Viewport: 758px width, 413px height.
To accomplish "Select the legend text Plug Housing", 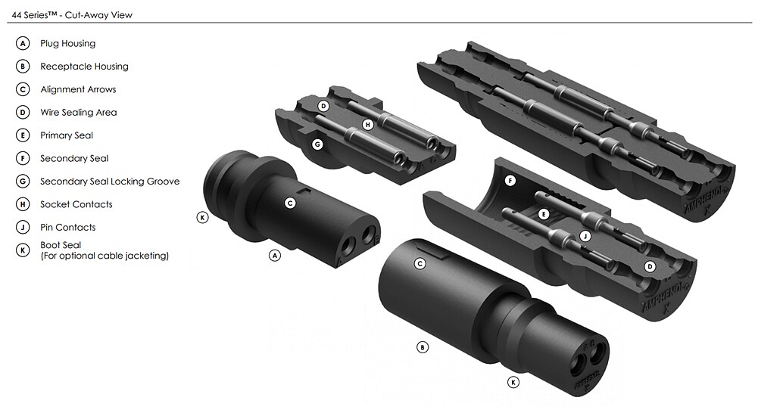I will tap(67, 44).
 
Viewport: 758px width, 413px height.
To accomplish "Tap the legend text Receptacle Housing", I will tap(84, 67).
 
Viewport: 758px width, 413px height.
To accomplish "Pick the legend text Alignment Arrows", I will tap(78, 89).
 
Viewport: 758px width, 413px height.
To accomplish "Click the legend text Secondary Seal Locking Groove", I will tap(110, 182).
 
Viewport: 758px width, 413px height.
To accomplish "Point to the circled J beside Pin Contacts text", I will tap(23, 227).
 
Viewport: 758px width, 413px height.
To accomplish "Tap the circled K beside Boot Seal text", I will tap(23, 250).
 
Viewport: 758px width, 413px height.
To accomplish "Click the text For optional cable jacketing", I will tap(104, 256).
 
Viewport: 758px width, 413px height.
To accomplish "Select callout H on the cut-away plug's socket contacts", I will tap(367, 124).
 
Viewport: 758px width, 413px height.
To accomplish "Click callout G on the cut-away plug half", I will tap(317, 143).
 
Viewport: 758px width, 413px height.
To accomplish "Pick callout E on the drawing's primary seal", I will tap(543, 214).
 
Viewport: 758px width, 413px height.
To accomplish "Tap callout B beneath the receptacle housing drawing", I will tap(423, 347).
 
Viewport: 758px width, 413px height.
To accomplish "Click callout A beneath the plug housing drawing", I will tap(275, 256).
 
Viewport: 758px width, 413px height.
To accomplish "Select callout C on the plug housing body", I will tap(289, 203).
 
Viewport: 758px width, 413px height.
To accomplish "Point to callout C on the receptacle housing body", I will tap(420, 263).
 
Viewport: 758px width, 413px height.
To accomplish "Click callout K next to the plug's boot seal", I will tap(202, 217).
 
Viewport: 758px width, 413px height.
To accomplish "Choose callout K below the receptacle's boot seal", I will tap(513, 382).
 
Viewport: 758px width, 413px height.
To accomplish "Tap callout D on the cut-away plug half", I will tap(323, 106).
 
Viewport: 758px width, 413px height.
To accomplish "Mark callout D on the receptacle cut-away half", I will tap(649, 266).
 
